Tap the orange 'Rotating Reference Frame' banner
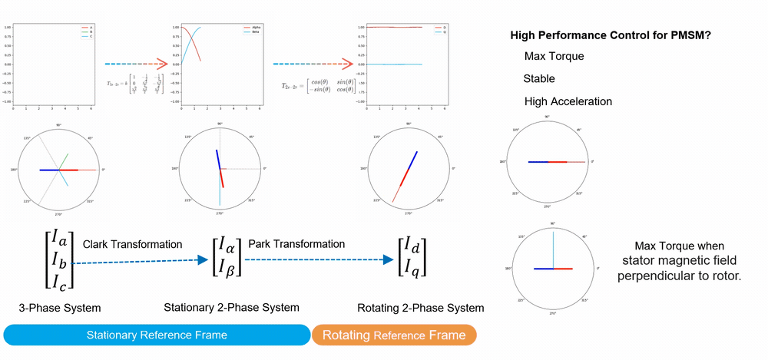395,335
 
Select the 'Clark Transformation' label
132,244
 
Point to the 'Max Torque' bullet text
554,57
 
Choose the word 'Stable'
539,78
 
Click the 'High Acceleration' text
568,101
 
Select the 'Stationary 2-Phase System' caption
231,308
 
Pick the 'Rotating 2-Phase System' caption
421,308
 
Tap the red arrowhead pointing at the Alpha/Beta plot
161,64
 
